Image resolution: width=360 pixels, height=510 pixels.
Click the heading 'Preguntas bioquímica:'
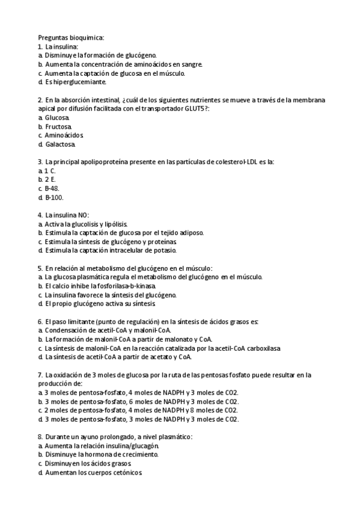[x=71, y=37]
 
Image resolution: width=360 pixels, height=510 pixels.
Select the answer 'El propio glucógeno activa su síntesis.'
[x=96, y=304]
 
